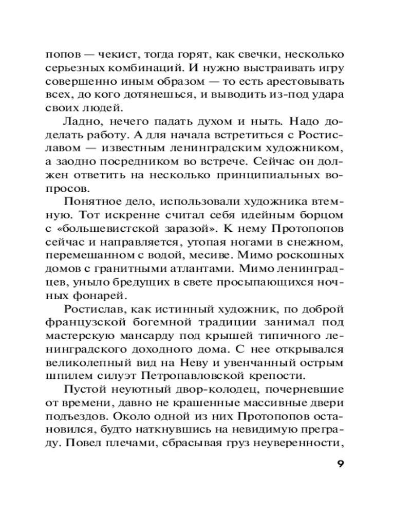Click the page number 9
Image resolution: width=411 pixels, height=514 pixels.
(340, 464)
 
